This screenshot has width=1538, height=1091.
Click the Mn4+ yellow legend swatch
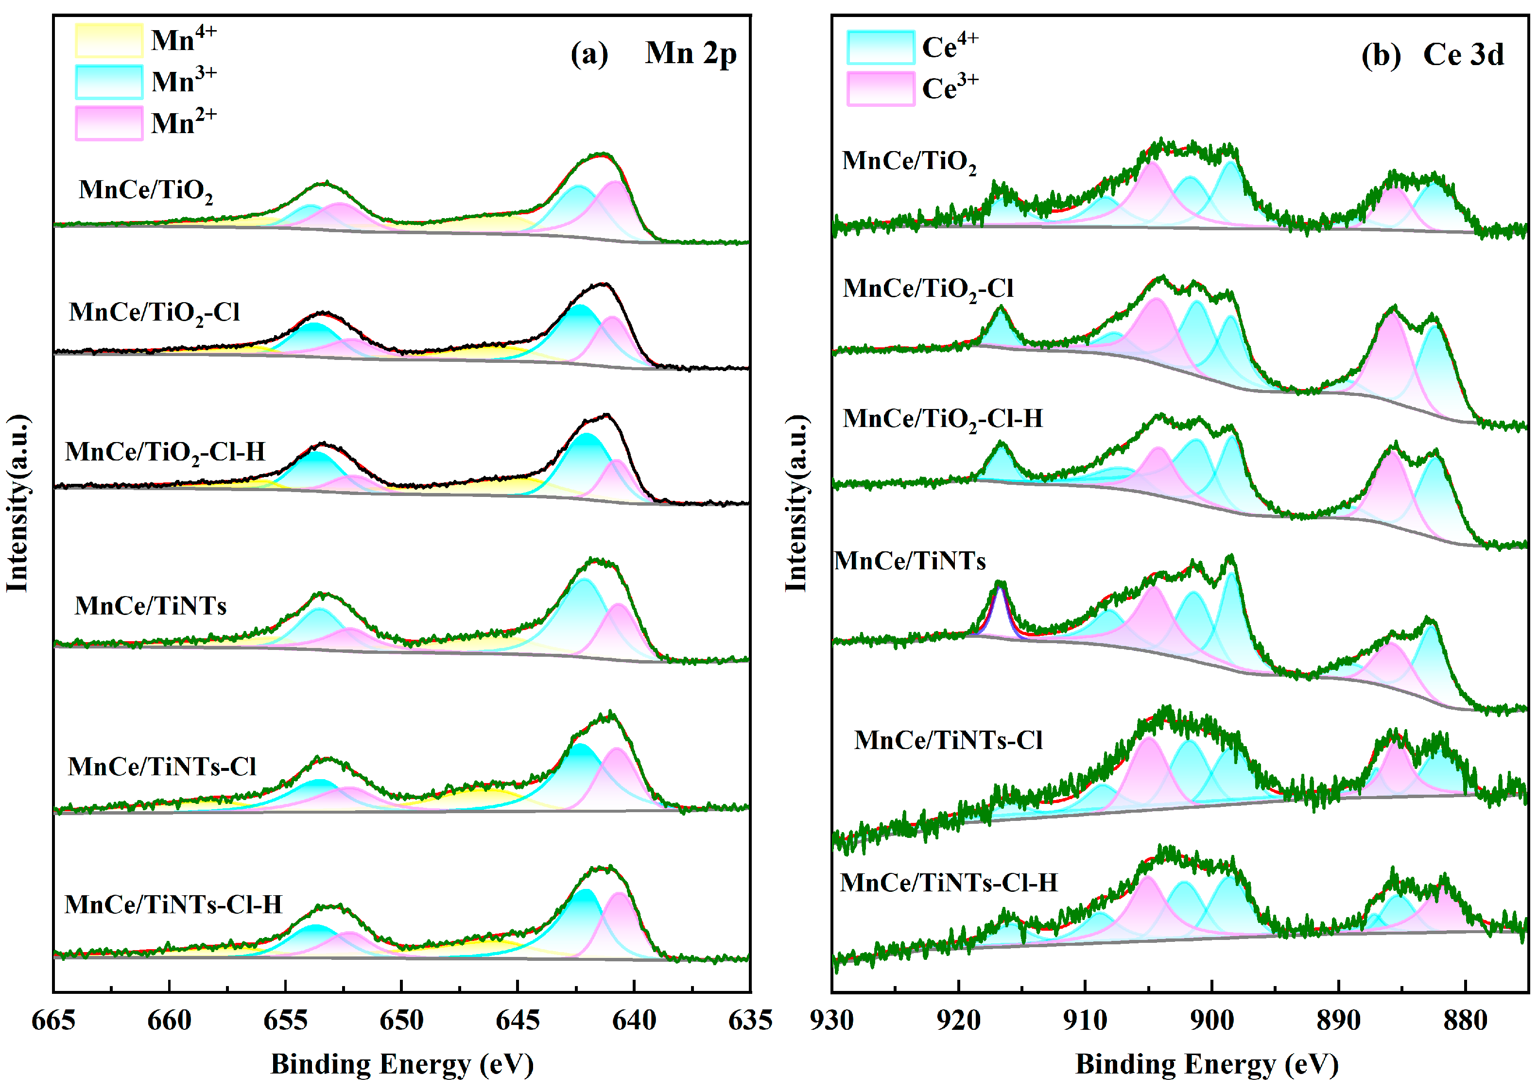pos(108,40)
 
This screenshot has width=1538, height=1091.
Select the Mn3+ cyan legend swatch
pos(108,82)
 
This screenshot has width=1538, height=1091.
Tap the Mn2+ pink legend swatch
pos(108,123)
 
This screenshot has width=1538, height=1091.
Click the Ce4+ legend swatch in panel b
pos(880,47)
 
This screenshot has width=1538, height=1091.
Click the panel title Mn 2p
pos(691,54)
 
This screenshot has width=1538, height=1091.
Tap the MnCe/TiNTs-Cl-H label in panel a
pos(173,904)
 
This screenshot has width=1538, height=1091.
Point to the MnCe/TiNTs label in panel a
pos(151,606)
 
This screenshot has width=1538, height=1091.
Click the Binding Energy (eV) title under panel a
pos(402,1064)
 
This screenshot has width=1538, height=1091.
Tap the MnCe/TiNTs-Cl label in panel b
pos(948,740)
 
